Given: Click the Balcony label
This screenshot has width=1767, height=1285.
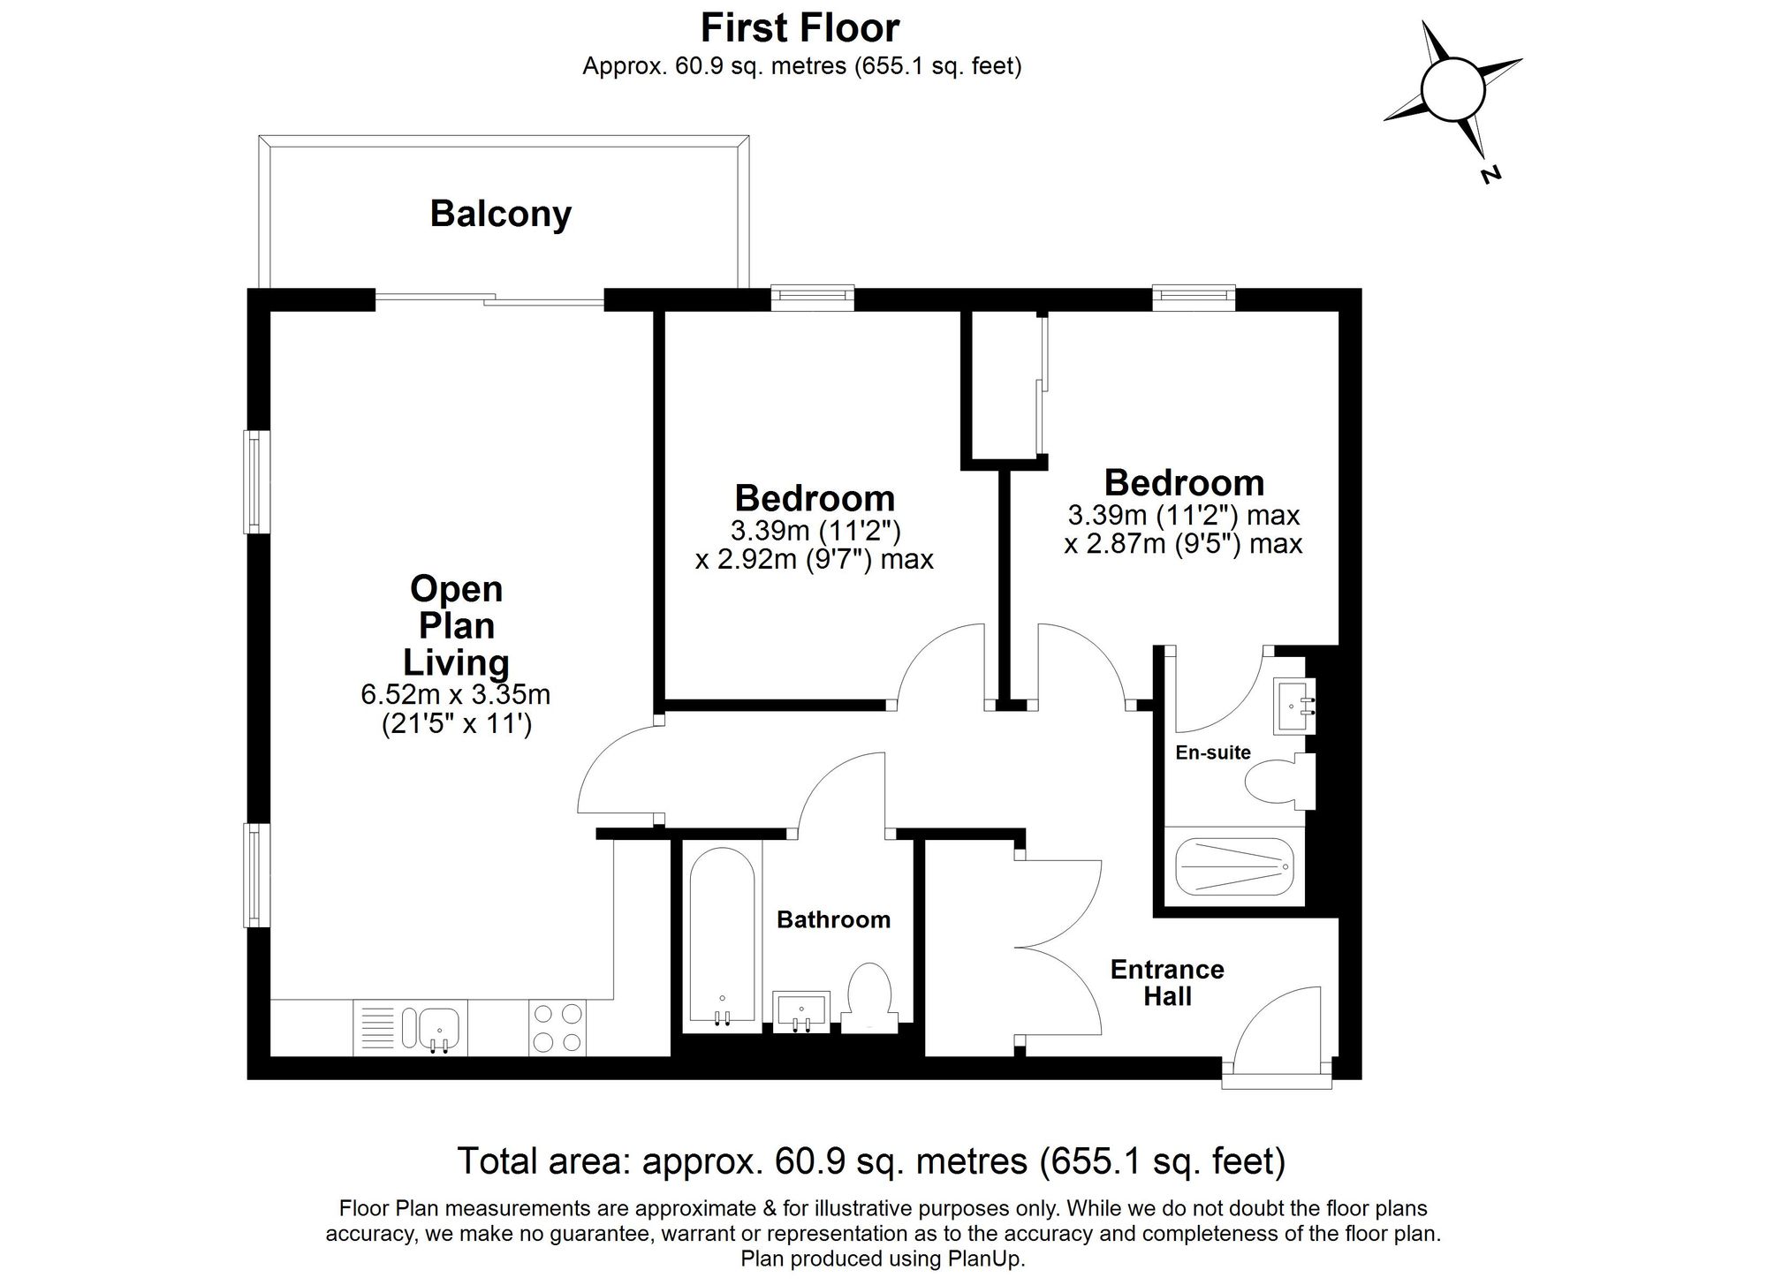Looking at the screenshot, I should (x=500, y=215).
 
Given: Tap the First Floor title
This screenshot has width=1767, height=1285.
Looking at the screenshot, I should (x=800, y=28).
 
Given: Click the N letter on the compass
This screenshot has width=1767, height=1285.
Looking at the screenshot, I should (x=1490, y=175).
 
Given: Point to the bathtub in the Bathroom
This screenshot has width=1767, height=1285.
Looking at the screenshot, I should (x=723, y=936).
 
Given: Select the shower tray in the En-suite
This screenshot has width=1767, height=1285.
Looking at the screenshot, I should (x=1235, y=866).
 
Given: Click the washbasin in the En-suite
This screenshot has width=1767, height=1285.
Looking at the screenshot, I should (x=1295, y=707).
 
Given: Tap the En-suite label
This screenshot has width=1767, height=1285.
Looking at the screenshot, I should (x=1212, y=752).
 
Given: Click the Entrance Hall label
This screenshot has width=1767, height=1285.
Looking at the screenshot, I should (x=1167, y=983).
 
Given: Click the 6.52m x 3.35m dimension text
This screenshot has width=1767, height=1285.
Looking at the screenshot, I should (x=455, y=695).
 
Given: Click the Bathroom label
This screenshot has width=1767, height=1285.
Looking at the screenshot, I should (x=833, y=920).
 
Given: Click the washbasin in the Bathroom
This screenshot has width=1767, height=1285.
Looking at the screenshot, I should (x=801, y=1009).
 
